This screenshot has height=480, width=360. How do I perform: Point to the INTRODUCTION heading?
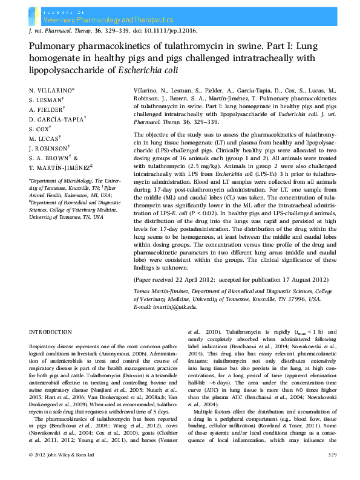pos(51,332)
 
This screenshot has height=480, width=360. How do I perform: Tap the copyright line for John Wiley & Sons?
pos(62,471)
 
